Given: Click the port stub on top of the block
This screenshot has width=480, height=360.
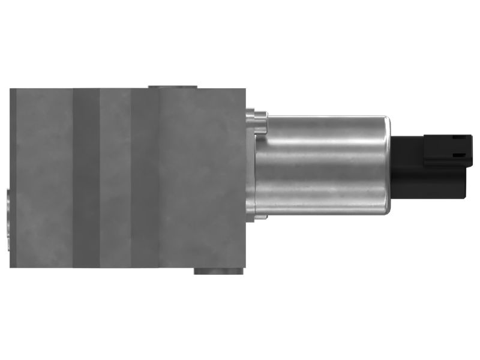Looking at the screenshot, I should (173, 86).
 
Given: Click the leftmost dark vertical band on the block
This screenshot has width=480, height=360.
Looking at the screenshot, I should (86, 178).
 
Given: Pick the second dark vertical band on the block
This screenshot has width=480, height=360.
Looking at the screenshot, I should (145, 178).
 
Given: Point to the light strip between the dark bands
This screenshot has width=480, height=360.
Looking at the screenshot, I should (115, 178).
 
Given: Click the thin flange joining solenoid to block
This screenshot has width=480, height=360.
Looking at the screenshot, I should (251, 165).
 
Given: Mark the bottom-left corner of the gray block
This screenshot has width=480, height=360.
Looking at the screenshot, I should (11, 266).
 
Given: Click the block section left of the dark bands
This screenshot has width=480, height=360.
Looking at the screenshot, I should (41, 178).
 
